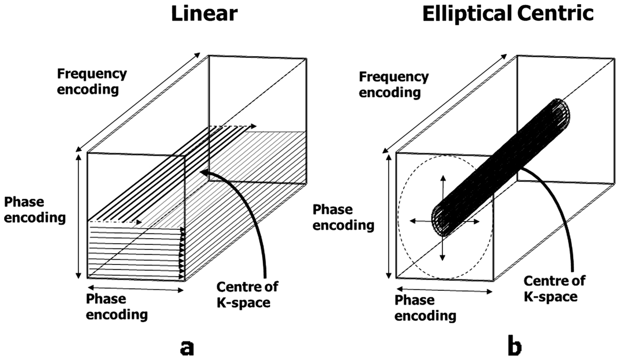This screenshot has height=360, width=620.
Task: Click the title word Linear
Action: (x=204, y=13)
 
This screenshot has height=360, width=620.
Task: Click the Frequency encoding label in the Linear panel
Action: (x=92, y=82)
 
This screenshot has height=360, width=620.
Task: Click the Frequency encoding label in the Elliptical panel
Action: (x=394, y=85)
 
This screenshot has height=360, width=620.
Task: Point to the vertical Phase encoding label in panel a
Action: (x=35, y=210)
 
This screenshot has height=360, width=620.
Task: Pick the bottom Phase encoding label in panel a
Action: (x=117, y=307)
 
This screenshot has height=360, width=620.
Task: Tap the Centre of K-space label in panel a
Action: (x=247, y=294)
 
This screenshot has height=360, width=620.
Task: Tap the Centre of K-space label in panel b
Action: (x=554, y=289)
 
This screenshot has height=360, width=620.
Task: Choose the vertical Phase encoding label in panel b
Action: (x=344, y=217)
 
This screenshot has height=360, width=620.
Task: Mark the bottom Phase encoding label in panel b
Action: (x=425, y=308)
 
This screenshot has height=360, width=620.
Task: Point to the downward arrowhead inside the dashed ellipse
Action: (x=442, y=257)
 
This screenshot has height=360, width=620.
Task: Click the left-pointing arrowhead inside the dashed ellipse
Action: (x=413, y=221)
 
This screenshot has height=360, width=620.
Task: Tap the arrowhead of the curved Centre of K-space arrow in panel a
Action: (x=204, y=172)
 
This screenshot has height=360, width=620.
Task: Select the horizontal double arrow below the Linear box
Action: (x=135, y=288)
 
